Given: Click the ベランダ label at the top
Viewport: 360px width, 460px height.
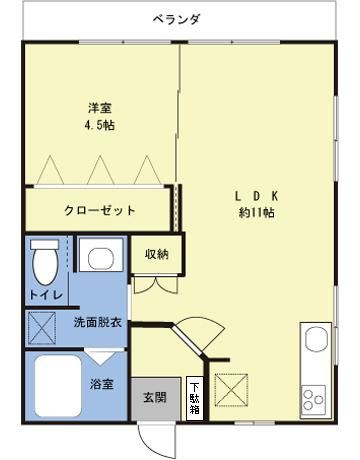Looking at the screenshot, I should click(177, 19).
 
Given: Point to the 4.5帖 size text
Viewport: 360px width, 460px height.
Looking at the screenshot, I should click(97, 126).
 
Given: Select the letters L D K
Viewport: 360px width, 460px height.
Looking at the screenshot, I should click(256, 196).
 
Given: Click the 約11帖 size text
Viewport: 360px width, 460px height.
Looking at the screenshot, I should click(256, 213).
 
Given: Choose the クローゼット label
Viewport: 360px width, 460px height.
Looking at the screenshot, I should click(100, 211).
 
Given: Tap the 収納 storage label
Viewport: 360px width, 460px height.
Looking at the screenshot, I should click(156, 254).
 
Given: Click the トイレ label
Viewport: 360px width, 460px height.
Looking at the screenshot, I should click(46, 296).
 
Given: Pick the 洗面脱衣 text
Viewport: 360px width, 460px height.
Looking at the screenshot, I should click(98, 324).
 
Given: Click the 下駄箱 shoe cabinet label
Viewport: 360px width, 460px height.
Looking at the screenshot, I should click(195, 397).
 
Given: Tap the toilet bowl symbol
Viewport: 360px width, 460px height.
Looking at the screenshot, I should click(45, 264).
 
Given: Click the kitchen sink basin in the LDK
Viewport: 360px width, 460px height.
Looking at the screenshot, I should click(315, 342).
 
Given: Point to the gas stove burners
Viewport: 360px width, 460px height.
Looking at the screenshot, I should click(315, 396).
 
